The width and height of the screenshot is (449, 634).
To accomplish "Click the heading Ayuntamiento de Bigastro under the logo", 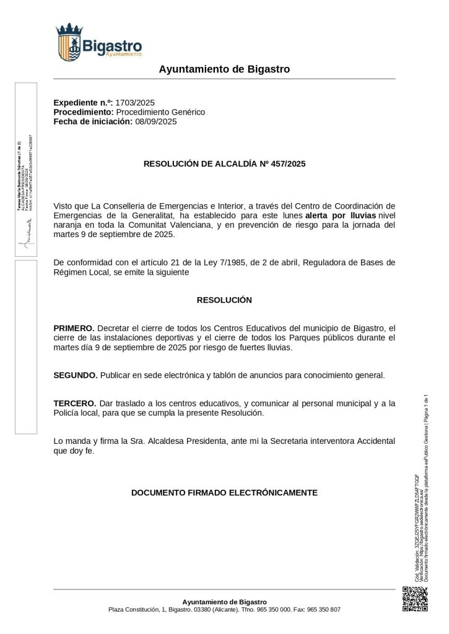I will point(224,69).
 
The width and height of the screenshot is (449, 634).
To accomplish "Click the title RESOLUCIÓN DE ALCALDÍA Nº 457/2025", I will point(224,164).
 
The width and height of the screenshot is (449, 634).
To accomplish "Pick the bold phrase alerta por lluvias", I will point(341,215).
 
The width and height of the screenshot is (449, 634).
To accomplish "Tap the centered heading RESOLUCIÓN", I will point(224,300).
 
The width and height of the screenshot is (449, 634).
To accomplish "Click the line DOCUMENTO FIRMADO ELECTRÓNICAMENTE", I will point(224,493).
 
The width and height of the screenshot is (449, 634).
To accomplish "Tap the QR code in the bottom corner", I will point(416,599).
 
